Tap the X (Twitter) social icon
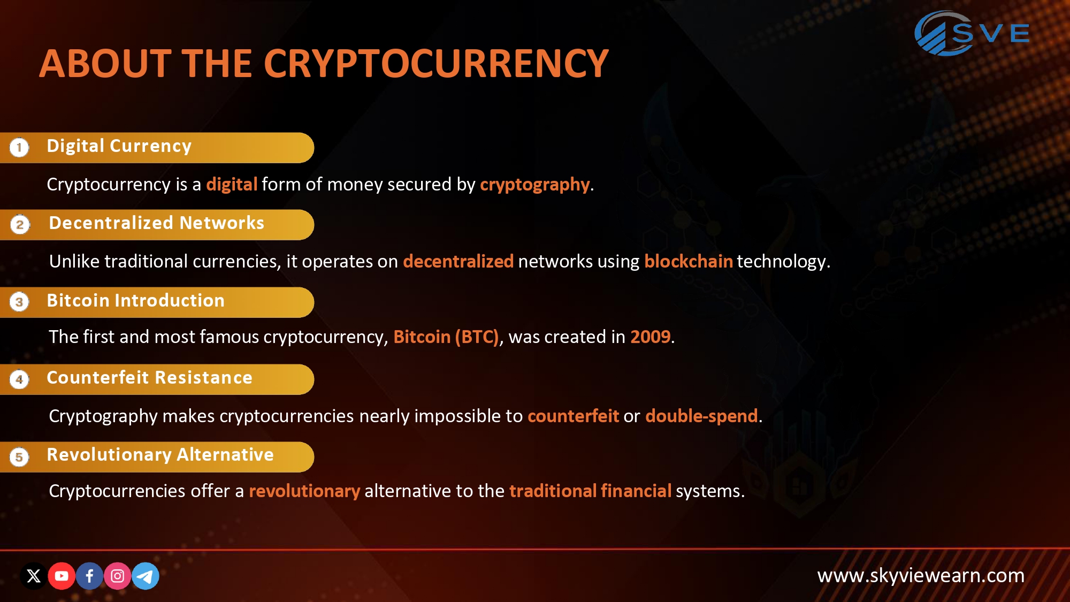point(34,576)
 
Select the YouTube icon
point(62,576)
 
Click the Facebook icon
point(89,576)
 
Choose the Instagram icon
point(117,576)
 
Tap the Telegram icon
point(145,576)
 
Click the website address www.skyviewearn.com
point(921,576)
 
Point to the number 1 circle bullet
point(19,147)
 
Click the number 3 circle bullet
point(19,302)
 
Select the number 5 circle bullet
point(19,457)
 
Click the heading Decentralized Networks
point(156,223)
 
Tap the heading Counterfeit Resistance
point(149,378)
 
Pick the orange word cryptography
point(534,185)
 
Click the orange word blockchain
point(688,261)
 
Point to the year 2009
point(650,337)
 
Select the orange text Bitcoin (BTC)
point(446,337)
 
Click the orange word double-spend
point(701,416)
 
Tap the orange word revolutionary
point(304,491)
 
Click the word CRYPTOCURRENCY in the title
point(435,64)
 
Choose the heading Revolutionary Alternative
point(160,455)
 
